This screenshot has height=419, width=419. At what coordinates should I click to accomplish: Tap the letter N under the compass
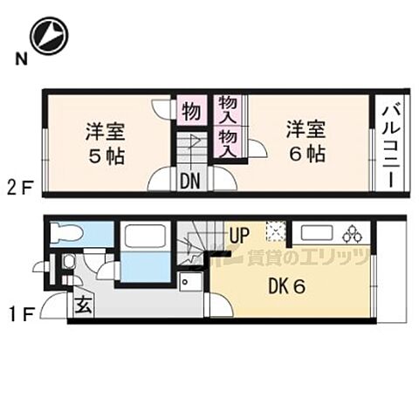[18, 60]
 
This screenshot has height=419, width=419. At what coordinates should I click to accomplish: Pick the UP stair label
[240, 233]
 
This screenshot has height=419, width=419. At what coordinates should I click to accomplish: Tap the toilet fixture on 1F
[66, 233]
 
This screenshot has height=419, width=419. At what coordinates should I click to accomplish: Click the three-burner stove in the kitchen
[354, 233]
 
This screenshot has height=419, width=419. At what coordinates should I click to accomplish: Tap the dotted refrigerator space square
[276, 232]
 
